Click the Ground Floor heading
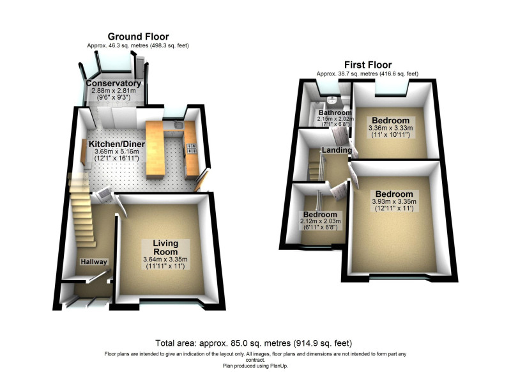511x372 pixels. [138, 36]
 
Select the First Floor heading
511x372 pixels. [368, 65]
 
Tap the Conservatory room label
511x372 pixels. [114, 83]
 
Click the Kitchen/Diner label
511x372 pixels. [117, 144]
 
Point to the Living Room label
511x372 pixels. [165, 247]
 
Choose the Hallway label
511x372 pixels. [94, 262]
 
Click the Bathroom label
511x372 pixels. [335, 112]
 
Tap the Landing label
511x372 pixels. [337, 150]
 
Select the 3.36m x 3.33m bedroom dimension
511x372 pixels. [390, 128]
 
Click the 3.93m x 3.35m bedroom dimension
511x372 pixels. [394, 201]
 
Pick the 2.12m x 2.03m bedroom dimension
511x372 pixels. [320, 221]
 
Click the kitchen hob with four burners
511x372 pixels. [191, 149]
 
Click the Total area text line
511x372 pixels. [254, 343]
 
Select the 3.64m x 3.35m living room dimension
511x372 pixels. [165, 260]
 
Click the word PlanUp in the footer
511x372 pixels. [279, 366]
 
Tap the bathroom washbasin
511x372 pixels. [332, 100]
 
